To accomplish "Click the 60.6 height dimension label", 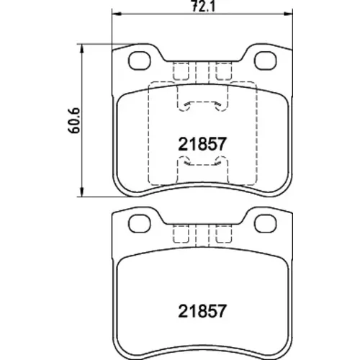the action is tap(73, 120).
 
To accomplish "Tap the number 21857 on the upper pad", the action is tap(202, 144).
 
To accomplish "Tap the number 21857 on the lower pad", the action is tap(202, 311).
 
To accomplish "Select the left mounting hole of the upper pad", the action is tap(140, 60).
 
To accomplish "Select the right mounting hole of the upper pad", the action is tap(266, 60).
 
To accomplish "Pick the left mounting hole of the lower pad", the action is tap(140, 224).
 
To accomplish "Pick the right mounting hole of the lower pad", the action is tap(266, 224).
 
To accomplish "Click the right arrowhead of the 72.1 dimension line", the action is tap(288, 14).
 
